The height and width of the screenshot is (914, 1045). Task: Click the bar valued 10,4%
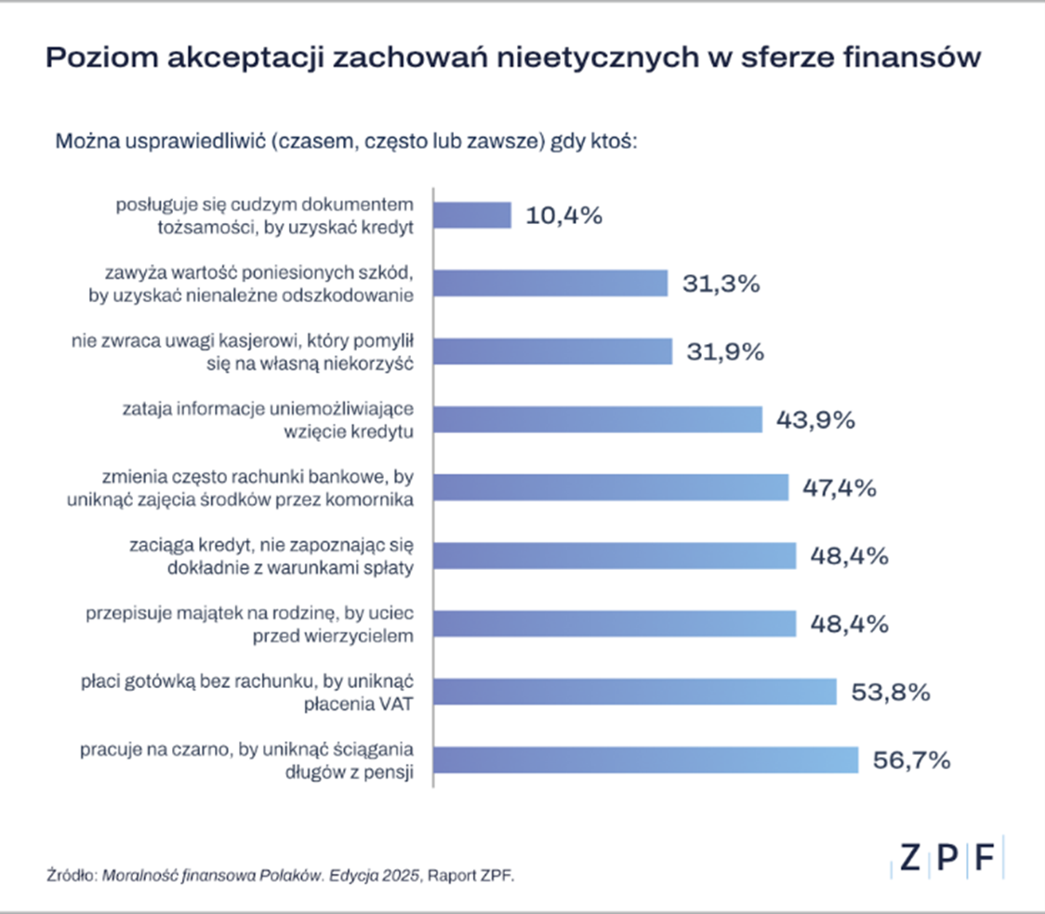tap(472, 215)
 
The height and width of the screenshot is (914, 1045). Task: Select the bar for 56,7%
tap(646, 760)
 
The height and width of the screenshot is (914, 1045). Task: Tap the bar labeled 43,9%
tap(598, 419)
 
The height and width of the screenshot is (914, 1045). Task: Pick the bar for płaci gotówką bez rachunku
tap(635, 692)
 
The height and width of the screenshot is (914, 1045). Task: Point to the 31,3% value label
tap(721, 284)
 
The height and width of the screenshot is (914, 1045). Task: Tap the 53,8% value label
tap(891, 692)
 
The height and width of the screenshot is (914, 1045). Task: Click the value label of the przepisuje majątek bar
tap(849, 623)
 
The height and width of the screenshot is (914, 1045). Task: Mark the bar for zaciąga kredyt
tap(615, 556)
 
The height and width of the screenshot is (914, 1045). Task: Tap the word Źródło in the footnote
tap(71, 875)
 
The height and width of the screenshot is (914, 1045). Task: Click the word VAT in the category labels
tap(394, 704)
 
